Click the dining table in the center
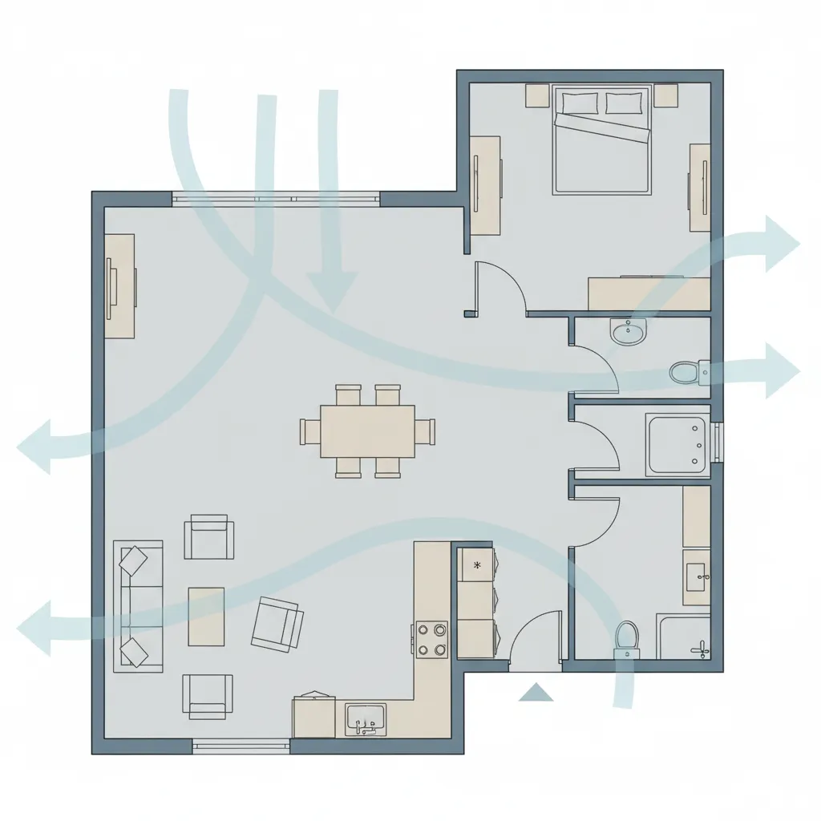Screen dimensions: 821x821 [x=367, y=431]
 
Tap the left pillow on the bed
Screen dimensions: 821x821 [x=580, y=103]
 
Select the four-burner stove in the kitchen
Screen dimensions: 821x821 [x=431, y=640]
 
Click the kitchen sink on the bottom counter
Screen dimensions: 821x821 [x=366, y=718]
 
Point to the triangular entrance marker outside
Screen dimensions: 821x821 [x=536, y=692]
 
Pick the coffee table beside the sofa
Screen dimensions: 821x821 [x=206, y=616]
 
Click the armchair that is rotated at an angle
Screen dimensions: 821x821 [x=277, y=623]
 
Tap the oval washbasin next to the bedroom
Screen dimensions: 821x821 [x=628, y=331]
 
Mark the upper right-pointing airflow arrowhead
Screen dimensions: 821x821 [x=779, y=242]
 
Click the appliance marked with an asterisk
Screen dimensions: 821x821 [x=478, y=565]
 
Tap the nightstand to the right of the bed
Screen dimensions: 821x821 [x=665, y=95]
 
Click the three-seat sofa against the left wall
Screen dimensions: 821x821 [x=139, y=605]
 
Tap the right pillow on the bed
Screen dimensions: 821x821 [x=624, y=103]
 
